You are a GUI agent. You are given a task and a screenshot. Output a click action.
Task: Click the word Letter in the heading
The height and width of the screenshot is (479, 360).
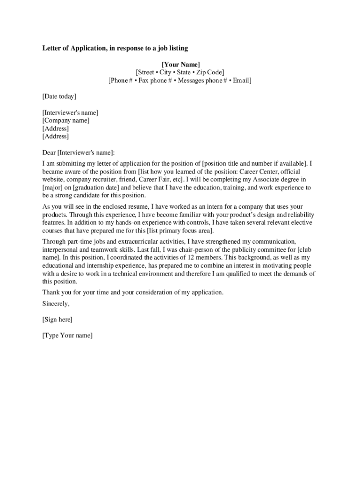tap(52, 48)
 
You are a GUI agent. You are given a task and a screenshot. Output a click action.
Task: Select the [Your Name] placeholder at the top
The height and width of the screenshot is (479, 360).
tap(180, 64)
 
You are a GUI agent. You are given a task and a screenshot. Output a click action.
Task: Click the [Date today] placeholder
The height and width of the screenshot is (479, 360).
tap(59, 96)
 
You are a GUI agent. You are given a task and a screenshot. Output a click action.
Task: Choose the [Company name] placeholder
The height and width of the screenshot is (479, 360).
tap(66, 120)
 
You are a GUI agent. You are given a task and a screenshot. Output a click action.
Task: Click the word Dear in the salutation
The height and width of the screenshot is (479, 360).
tap(49, 152)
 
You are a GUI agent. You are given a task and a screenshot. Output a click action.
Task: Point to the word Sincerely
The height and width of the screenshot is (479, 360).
tap(56, 304)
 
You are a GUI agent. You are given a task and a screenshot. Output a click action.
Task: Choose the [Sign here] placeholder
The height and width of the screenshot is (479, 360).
tap(57, 319)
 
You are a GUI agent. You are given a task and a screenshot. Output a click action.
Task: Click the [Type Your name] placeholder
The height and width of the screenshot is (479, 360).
tap(67, 335)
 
